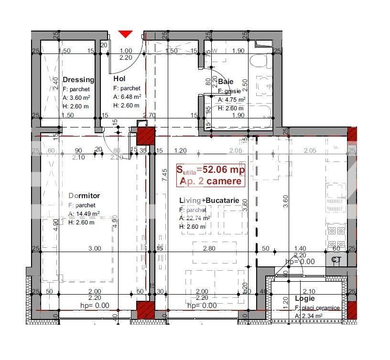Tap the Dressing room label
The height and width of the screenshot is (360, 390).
click(78, 80)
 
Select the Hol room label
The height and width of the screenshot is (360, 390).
click(119, 79)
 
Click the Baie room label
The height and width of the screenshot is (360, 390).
click(226, 82)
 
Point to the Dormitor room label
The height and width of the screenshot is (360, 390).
click(84, 196)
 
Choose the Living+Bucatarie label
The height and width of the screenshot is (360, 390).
click(209, 201)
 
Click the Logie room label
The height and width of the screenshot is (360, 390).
click(304, 299)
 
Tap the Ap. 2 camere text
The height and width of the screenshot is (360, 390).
click(211, 181)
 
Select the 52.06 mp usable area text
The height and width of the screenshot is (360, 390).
click(210, 169)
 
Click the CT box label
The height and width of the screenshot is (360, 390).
click(336, 260)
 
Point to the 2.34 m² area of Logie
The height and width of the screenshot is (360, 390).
click(312, 316)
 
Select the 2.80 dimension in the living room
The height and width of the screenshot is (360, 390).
click(208, 249)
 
